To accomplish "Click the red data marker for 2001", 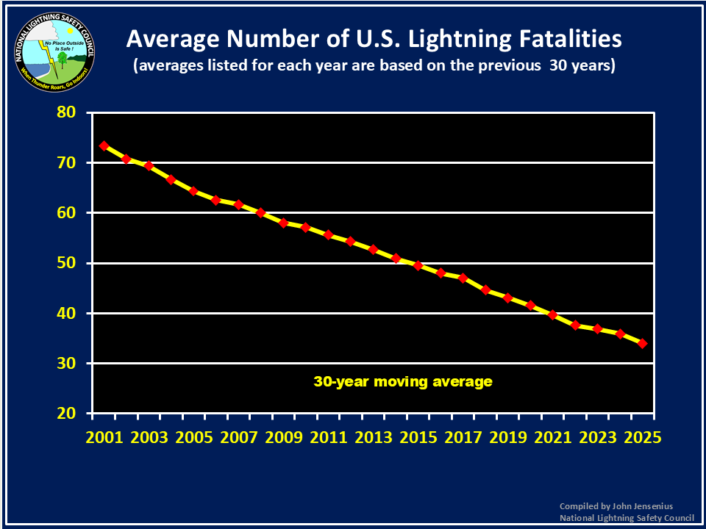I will [x=104, y=145].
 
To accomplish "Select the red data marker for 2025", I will [x=642, y=343].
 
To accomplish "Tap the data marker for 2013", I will [x=373, y=249].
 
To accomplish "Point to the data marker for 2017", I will [x=463, y=278].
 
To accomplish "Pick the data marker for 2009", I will [x=283, y=223].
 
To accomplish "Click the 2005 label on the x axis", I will [x=194, y=436].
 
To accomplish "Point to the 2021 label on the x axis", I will [x=553, y=436].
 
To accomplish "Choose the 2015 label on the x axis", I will [x=418, y=436].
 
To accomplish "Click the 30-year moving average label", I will [x=403, y=382].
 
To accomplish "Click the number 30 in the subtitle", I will [x=569, y=65].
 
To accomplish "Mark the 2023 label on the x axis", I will [x=598, y=436].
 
